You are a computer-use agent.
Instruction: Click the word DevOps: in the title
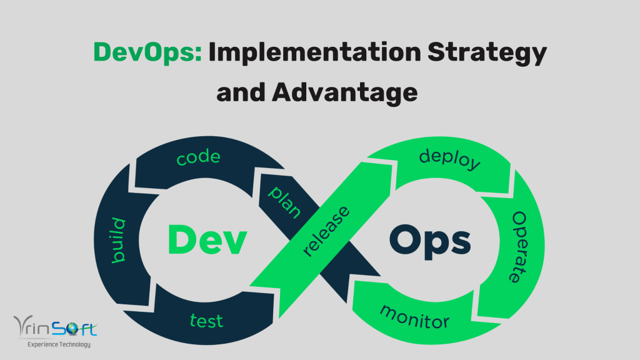click(147, 54)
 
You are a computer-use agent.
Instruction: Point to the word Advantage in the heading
click(346, 92)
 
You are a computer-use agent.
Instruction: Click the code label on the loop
click(198, 158)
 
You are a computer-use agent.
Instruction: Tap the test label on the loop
click(206, 321)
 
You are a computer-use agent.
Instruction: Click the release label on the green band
click(326, 230)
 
